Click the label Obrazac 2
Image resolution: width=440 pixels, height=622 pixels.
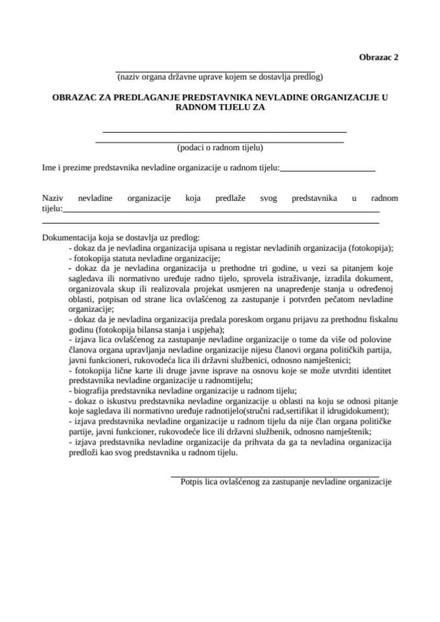tap(378, 56)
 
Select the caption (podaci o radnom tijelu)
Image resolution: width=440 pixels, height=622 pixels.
tap(220, 146)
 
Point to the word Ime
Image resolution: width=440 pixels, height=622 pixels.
tap(49, 168)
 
